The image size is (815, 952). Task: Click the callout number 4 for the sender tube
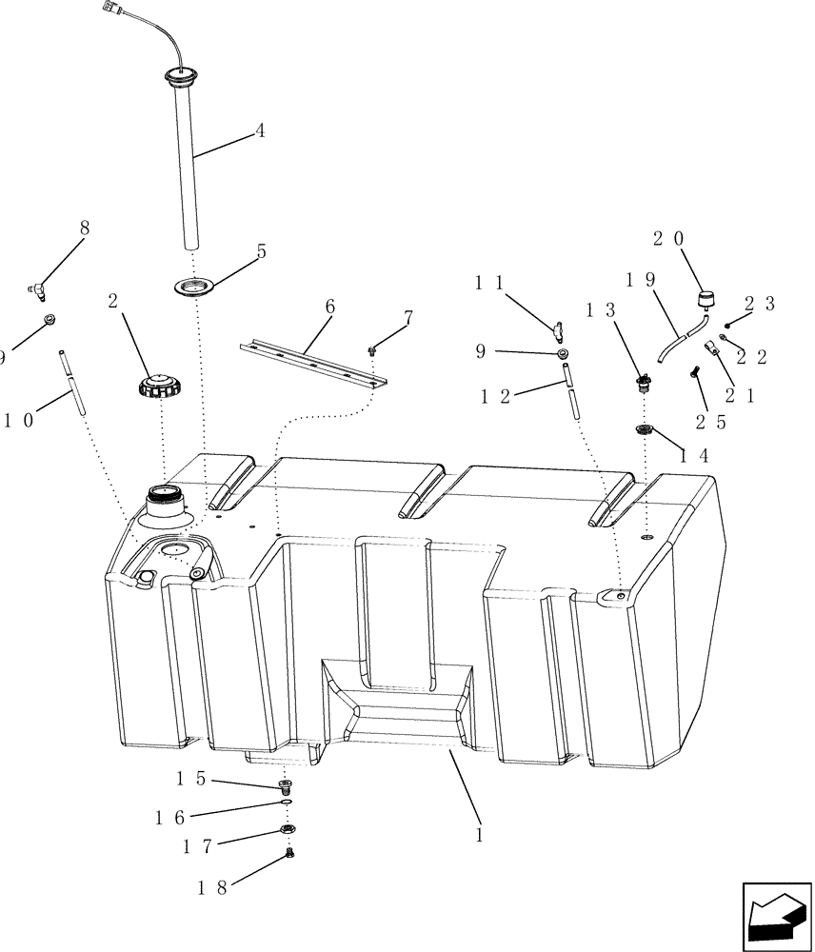[260, 133]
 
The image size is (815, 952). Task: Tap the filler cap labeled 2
[159, 388]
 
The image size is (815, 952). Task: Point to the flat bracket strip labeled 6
[314, 362]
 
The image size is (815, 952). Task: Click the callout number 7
[407, 317]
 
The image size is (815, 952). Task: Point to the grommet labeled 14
[646, 430]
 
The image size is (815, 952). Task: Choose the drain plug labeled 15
[285, 785]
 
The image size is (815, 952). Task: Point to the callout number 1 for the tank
[480, 834]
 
